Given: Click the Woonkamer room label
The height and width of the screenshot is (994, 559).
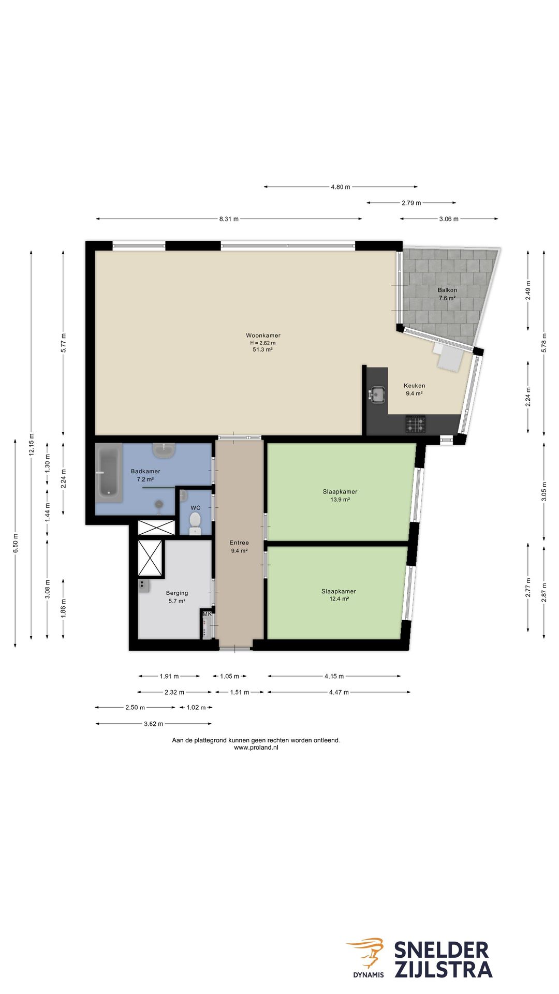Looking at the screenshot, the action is coord(263,335).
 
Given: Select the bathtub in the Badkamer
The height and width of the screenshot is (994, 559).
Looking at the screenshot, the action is coord(109,472).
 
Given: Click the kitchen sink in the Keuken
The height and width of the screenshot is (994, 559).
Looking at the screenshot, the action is coord(377,395).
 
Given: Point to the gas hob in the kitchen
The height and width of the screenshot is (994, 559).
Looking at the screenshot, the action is coord(415,424).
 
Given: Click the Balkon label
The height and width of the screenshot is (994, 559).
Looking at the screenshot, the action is coord(447,290).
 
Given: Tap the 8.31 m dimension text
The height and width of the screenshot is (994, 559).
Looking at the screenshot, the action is coord(229,219).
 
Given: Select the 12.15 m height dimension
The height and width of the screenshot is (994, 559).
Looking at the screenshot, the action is coord(32,444).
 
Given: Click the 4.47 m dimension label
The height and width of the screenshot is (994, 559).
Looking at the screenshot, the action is coord(339,692).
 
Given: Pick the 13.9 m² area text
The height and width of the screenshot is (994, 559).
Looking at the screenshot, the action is coord(340,500).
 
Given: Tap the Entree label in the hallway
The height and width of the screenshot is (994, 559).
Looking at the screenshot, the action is coord(239,543).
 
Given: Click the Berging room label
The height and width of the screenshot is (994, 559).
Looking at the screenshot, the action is coord(177,593).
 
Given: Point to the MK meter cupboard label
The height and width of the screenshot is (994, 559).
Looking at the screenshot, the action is coord(207,614).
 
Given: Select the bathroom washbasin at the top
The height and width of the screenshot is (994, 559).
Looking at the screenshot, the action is coord(165,450).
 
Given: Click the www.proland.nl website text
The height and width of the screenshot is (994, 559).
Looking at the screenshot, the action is coord(256,748).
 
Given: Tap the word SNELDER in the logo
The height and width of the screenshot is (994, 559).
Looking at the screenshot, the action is coord(442,951).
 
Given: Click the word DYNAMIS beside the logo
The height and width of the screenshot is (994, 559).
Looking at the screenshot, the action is coord(369,975).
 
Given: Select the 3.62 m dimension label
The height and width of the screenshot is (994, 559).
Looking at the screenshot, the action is coord(154,724).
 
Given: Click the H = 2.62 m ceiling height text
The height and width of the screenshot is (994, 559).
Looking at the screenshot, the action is coord(263,343).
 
